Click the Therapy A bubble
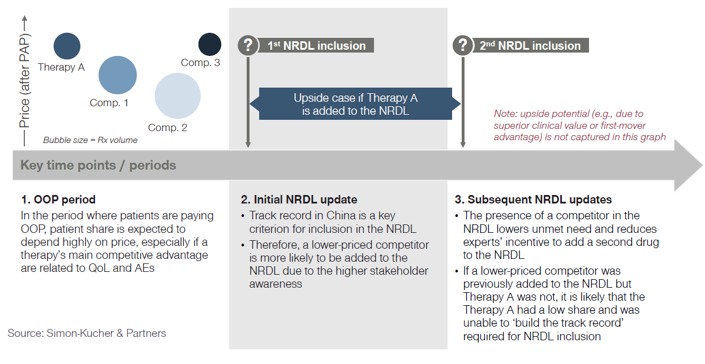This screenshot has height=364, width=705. [67, 46]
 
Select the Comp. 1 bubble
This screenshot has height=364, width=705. [118, 75]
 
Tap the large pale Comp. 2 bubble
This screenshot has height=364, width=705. [178, 96]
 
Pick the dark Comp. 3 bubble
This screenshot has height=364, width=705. [209, 44]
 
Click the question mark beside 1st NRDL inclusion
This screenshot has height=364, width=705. [248, 46]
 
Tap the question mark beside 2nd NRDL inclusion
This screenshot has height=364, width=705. [463, 46]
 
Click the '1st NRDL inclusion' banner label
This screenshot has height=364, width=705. [316, 46]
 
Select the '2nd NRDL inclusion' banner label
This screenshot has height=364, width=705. [530, 46]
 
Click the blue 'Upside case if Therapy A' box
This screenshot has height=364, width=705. [355, 104]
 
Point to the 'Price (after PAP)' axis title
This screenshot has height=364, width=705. [24, 80]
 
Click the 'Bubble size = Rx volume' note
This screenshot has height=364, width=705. [91, 140]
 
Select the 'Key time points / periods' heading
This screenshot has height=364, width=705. [98, 165]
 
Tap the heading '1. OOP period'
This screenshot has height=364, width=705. [58, 200]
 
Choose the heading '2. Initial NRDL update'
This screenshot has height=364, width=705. [299, 200]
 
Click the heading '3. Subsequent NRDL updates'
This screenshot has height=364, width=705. [533, 200]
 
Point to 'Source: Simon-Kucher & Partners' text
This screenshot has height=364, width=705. [87, 333]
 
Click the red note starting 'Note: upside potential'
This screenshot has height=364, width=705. [580, 125]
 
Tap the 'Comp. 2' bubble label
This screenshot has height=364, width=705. [167, 128]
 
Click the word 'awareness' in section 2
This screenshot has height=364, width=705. [276, 284]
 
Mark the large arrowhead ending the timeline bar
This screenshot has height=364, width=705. [687, 166]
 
